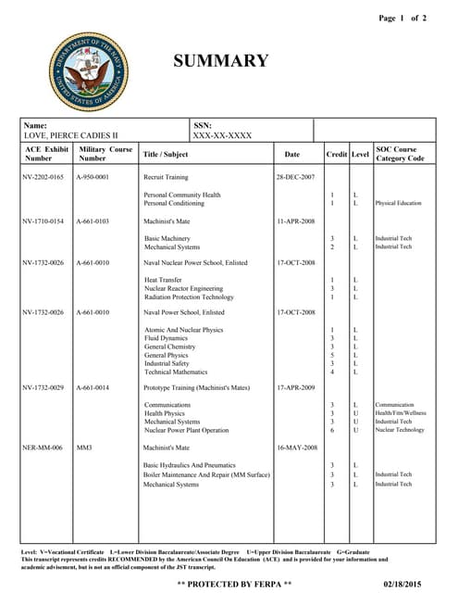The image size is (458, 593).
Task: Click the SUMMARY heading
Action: (221, 62)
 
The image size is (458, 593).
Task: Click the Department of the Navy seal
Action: (91, 71)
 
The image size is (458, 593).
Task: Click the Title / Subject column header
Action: (165, 155)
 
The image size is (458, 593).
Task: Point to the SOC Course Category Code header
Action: (400, 154)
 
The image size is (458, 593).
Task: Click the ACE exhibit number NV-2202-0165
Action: (44, 176)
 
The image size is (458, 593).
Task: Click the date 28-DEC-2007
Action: (295, 176)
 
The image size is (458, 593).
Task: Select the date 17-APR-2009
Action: (295, 386)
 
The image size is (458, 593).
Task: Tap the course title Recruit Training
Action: (166, 176)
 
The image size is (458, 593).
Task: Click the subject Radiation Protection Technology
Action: (189, 297)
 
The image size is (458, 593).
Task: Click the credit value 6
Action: (332, 430)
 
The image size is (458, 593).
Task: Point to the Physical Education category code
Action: (398, 203)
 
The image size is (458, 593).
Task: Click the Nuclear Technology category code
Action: (400, 430)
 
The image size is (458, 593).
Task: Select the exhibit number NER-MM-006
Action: (43, 448)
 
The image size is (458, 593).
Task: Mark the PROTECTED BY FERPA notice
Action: (234, 585)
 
